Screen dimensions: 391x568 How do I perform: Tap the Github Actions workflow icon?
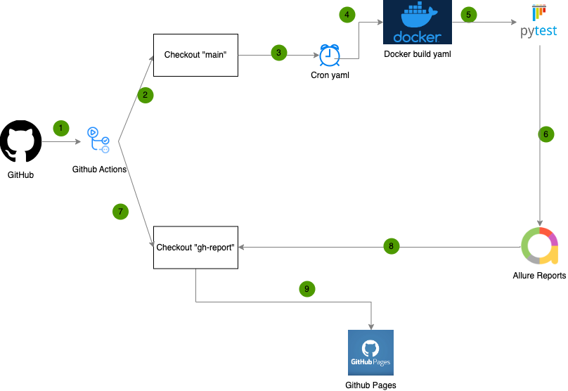98,140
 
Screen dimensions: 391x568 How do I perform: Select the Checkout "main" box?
195,55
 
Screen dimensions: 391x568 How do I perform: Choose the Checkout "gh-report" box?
195,247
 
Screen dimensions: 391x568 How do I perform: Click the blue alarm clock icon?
329,55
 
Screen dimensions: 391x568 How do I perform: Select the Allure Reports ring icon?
539,245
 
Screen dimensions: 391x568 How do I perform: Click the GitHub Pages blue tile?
370,352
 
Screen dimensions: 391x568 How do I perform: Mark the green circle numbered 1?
61,128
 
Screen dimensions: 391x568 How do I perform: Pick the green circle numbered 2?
146,95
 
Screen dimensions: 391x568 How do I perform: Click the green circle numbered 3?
279,53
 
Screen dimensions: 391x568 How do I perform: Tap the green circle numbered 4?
346,14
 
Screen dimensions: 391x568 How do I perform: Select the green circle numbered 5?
469,14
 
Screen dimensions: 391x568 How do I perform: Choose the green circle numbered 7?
121,211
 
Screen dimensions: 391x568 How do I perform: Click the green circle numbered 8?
392,246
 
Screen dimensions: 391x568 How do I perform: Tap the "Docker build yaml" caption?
417,54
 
